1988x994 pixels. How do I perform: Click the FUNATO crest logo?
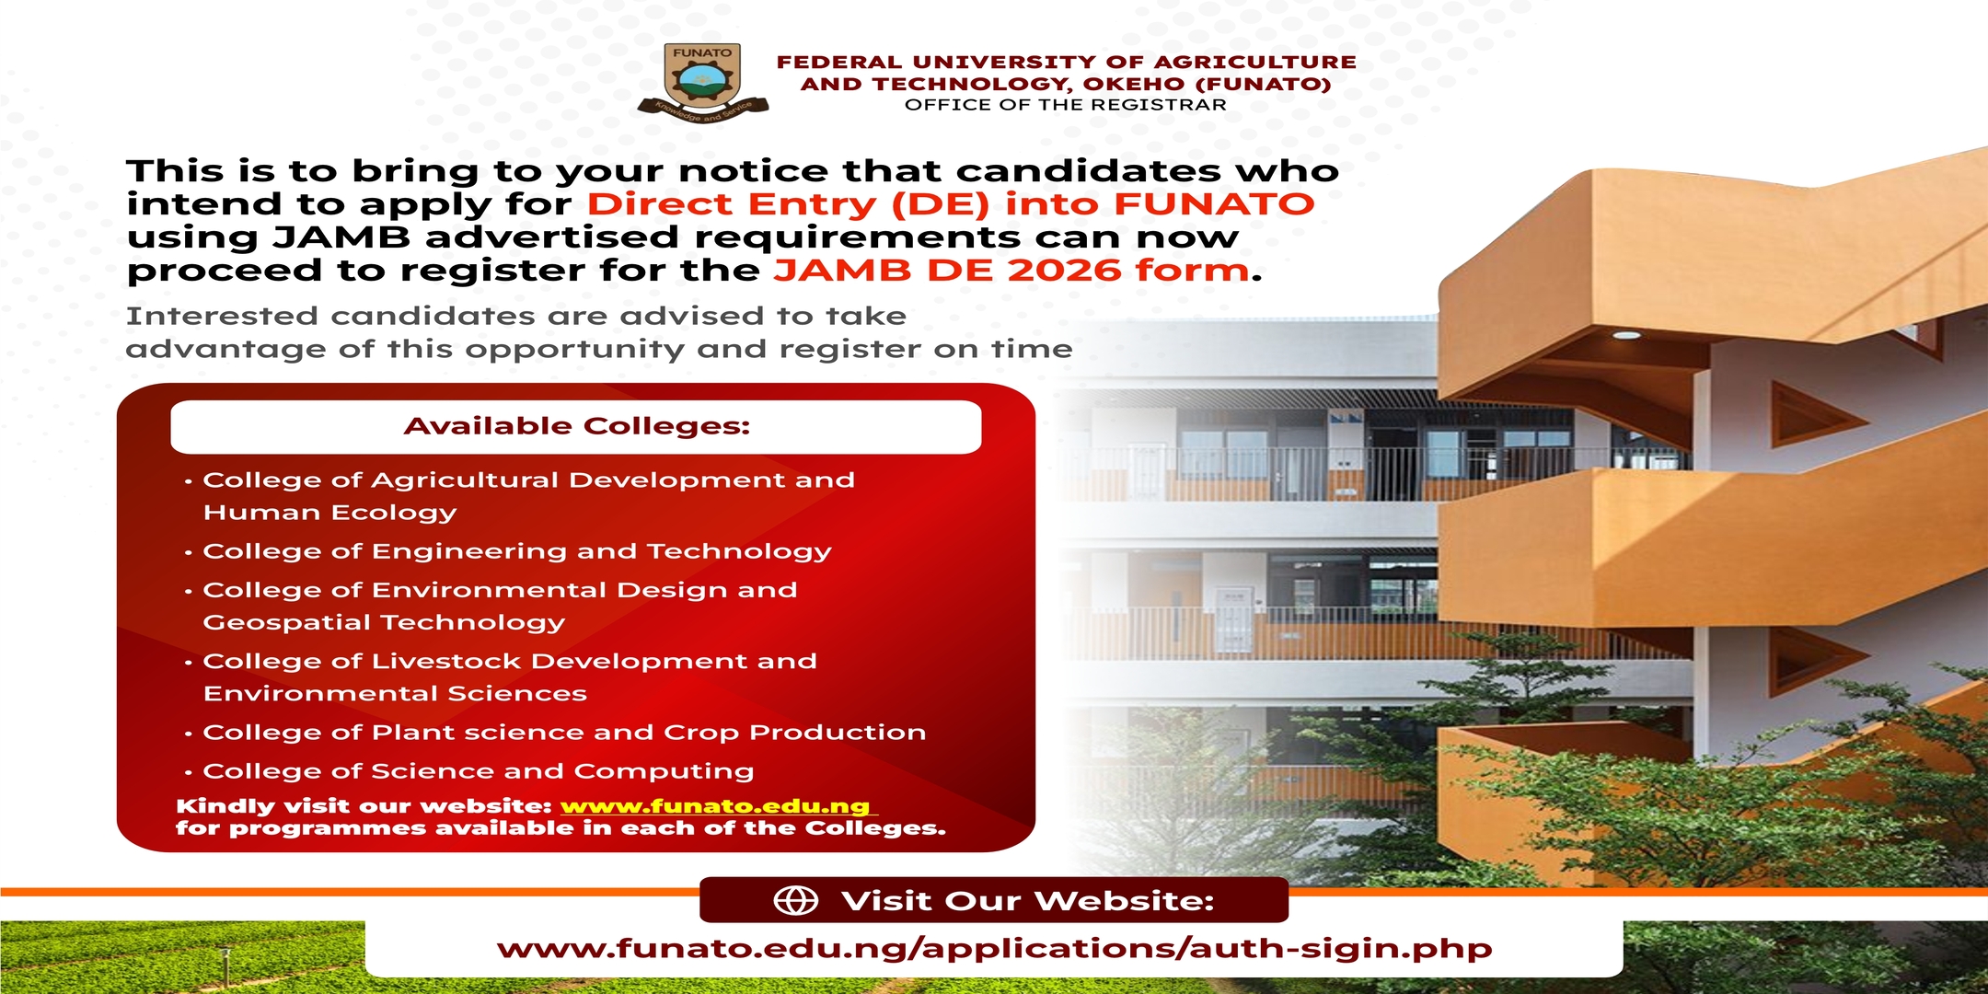(702, 83)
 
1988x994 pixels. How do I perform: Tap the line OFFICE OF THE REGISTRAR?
(1066, 105)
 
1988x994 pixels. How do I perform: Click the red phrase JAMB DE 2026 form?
(1011, 271)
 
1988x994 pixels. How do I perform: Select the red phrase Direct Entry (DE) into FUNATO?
(951, 204)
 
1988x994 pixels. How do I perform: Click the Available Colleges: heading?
(577, 426)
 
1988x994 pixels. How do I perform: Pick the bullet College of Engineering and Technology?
(517, 551)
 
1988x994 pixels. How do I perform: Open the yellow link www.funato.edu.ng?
(715, 806)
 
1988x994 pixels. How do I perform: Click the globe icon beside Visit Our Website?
(796, 900)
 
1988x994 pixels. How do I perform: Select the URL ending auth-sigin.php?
(994, 949)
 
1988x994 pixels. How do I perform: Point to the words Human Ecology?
(329, 513)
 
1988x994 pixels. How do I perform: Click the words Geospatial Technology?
(384, 623)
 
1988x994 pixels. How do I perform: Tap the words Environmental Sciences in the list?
(395, 694)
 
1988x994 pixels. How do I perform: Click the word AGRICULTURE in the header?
(1255, 63)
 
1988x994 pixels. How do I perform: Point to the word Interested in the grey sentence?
(223, 317)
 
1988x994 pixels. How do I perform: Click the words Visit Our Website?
(1028, 901)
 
